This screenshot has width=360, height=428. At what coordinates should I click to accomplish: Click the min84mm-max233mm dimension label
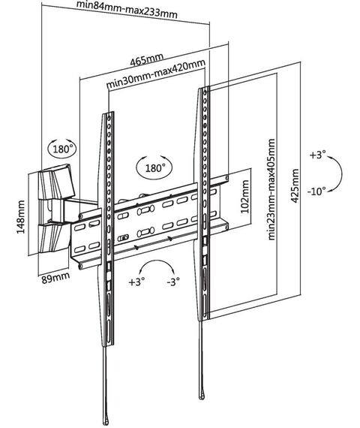pyautogui.click(x=127, y=10)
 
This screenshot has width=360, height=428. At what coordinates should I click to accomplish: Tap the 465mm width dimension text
pyautogui.click(x=146, y=59)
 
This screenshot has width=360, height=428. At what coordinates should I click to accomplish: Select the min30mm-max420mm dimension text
pyautogui.click(x=155, y=74)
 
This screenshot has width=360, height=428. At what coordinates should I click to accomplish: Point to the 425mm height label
pyautogui.click(x=295, y=185)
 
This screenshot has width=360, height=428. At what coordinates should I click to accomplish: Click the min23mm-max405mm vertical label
pyautogui.click(x=271, y=189)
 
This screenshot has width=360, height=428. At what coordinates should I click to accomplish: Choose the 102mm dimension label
pyautogui.click(x=245, y=196)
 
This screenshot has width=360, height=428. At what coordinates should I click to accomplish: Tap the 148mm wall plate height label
pyautogui.click(x=21, y=217)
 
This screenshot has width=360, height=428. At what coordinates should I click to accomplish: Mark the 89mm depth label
pyautogui.click(x=55, y=278)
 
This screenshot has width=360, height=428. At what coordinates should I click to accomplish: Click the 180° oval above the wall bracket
pyautogui.click(x=62, y=149)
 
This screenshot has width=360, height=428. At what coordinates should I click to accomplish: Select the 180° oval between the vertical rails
pyautogui.click(x=154, y=167)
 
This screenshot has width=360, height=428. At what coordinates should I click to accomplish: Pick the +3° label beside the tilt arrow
pyautogui.click(x=318, y=155)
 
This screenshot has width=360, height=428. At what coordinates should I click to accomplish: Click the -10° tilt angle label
pyautogui.click(x=316, y=191)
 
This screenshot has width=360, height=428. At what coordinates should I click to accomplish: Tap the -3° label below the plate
pyautogui.click(x=173, y=281)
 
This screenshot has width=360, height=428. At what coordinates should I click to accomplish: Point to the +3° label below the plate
pyautogui.click(x=136, y=282)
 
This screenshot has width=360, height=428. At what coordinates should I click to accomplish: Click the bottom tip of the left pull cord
pyautogui.click(x=106, y=423)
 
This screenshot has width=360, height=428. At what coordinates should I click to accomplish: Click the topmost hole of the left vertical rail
pyautogui.click(x=109, y=118)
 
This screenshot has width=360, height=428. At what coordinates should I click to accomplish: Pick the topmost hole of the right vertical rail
pyautogui.click(x=205, y=92)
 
